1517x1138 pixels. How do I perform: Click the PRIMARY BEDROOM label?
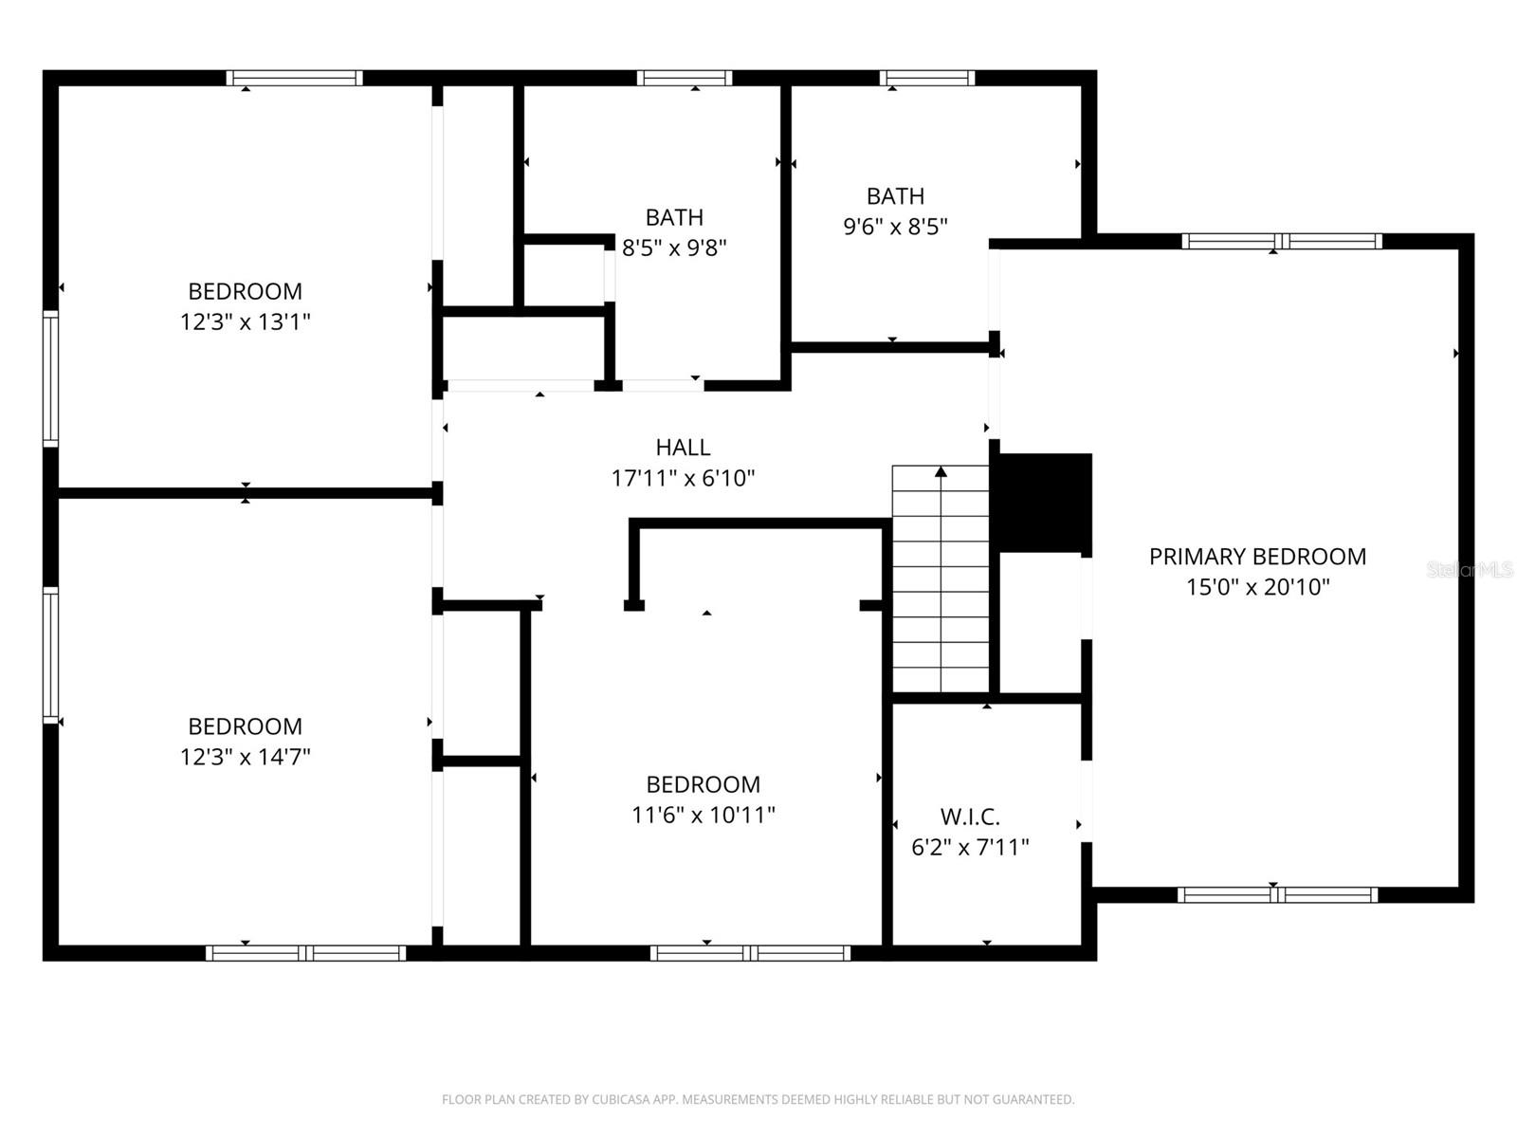pyautogui.click(x=1257, y=557)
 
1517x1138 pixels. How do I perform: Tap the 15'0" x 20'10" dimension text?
pyautogui.click(x=1257, y=587)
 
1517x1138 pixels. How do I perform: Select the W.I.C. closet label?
pyautogui.click(x=970, y=817)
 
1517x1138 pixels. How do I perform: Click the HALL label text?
pyautogui.click(x=683, y=448)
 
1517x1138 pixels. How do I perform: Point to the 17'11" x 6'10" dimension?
pyautogui.click(x=683, y=478)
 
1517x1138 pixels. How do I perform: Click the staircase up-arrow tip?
pyautogui.click(x=941, y=470)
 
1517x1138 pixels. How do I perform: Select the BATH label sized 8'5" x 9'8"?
pyautogui.click(x=674, y=218)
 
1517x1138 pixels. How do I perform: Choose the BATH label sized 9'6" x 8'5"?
pyautogui.click(x=895, y=196)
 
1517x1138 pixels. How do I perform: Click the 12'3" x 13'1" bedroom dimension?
pyautogui.click(x=246, y=321)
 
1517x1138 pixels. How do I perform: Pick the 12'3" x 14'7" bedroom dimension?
pyautogui.click(x=246, y=757)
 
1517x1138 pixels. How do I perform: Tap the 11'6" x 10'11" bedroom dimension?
pyautogui.click(x=704, y=815)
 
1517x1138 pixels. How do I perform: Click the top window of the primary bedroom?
pyautogui.click(x=1281, y=241)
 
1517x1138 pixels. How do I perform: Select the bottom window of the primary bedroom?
pyautogui.click(x=1277, y=894)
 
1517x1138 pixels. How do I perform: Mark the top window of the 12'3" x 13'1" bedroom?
pyautogui.click(x=294, y=78)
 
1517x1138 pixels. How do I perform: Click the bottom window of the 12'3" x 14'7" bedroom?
pyautogui.click(x=306, y=952)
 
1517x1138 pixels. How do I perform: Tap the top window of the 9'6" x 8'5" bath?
pyautogui.click(x=926, y=78)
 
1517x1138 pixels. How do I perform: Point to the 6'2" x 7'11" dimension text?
pyautogui.click(x=970, y=847)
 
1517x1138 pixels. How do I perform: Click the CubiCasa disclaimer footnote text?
pyautogui.click(x=758, y=1100)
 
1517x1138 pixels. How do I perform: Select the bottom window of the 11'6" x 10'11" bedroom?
pyautogui.click(x=750, y=952)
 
